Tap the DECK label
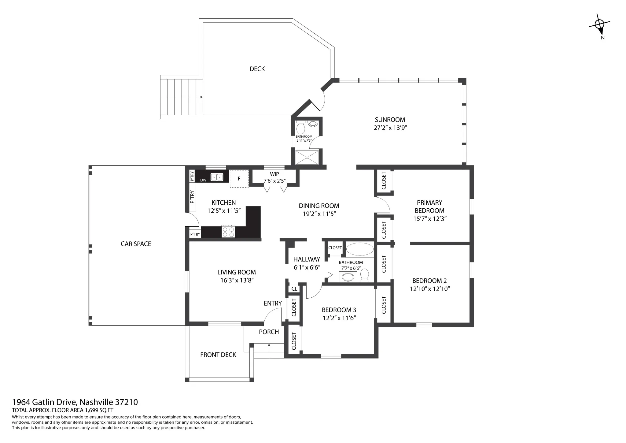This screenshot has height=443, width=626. point(257,69)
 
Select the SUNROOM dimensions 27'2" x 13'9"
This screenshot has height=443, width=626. point(390,128)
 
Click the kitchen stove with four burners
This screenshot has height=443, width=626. point(228,232)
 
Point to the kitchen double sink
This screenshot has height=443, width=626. point(217,177)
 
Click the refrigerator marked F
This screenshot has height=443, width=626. point(239,179)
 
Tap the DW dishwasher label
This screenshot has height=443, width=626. point(203,180)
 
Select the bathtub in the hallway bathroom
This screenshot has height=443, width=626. point(360,249)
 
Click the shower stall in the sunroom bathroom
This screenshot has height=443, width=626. point(307,157)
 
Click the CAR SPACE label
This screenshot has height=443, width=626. point(136,244)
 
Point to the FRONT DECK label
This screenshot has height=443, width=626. point(218,355)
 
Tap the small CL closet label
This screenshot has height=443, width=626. point(294,289)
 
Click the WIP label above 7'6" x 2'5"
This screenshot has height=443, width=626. point(274,174)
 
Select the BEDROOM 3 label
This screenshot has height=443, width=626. point(339,310)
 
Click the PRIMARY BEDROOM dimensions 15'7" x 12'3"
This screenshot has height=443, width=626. point(430,219)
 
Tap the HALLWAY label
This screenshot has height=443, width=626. point(307,259)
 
